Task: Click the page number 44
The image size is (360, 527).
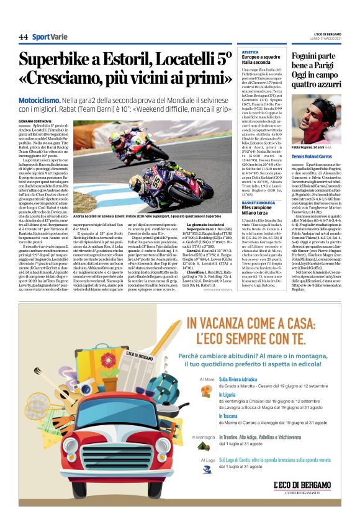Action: (23, 37)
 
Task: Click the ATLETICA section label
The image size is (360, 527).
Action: (250, 52)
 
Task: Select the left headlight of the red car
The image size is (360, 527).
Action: (68, 459)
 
